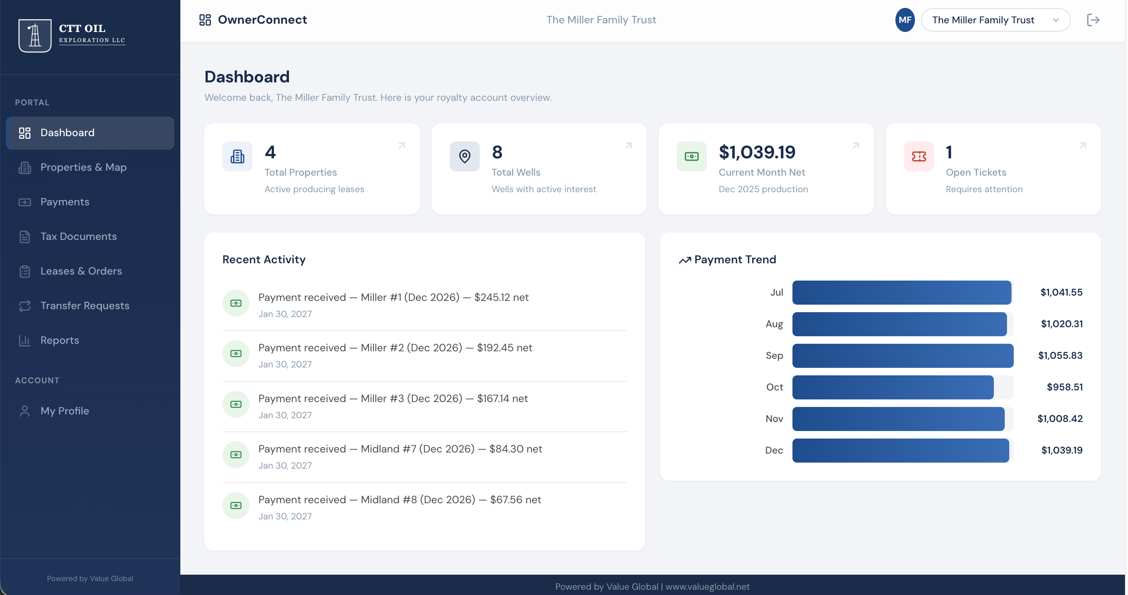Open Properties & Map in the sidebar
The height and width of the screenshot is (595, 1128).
(83, 167)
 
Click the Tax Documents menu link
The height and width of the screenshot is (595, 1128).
(79, 237)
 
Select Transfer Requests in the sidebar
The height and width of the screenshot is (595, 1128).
(85, 306)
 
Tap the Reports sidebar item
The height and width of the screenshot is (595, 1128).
(59, 340)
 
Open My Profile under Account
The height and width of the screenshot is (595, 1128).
(64, 411)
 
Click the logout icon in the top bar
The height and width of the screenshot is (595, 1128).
(1093, 20)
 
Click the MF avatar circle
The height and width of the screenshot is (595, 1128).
(905, 20)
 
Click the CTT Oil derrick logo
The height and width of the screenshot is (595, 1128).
(35, 35)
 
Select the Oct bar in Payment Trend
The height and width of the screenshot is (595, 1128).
(892, 387)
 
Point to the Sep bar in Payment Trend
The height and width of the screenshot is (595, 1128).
(903, 356)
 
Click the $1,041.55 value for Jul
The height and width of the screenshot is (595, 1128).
(1061, 292)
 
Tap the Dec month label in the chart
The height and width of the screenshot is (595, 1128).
(774, 451)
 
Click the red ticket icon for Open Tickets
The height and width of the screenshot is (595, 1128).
(919, 156)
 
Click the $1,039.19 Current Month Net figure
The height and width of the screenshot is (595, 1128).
(757, 152)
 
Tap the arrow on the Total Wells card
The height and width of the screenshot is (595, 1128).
(628, 146)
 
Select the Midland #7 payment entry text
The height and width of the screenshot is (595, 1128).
(400, 449)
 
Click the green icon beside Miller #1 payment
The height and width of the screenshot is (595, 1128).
(236, 303)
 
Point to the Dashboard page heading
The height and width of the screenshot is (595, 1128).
(247, 77)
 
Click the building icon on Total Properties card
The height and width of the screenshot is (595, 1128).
(237, 156)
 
